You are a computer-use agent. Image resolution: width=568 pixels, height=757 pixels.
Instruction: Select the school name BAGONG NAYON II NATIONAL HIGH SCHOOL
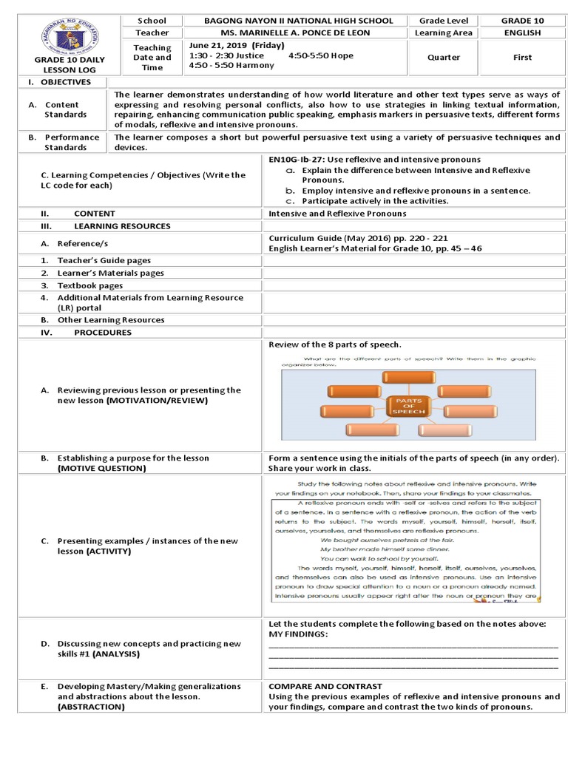click(298, 21)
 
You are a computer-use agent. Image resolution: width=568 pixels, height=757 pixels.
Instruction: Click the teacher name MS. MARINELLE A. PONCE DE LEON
click(298, 33)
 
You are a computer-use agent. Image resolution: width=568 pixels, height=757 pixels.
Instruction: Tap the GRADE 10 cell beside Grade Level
click(522, 21)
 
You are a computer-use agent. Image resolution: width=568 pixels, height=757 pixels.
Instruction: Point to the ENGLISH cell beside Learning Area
click(522, 33)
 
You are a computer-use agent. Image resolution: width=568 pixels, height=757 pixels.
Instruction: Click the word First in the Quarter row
click(522, 57)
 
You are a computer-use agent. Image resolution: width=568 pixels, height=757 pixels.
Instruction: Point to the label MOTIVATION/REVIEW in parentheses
click(157, 400)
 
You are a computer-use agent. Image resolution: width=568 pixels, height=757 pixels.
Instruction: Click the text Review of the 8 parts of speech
click(334, 344)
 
